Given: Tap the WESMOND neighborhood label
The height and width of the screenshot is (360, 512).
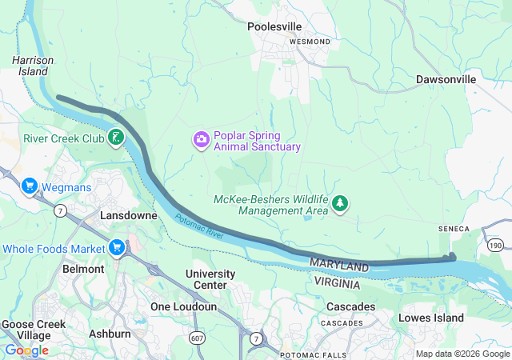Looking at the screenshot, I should [x=309, y=41].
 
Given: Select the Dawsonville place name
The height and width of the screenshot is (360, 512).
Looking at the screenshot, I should [x=446, y=80].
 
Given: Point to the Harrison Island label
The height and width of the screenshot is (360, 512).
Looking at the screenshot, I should [x=33, y=66].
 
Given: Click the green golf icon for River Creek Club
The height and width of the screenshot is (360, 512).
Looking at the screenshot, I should [x=116, y=138].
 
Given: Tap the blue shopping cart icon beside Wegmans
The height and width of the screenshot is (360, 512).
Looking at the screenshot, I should [x=30, y=187].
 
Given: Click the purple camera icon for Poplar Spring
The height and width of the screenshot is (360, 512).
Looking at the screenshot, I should [x=200, y=140].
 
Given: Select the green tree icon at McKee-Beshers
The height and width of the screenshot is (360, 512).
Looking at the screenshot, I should [x=341, y=204].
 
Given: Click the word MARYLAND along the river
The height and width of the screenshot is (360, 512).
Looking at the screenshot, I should [x=340, y=264].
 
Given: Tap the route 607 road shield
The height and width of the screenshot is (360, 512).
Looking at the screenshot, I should [x=196, y=338].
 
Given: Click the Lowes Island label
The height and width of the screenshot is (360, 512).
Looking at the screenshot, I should [x=432, y=318].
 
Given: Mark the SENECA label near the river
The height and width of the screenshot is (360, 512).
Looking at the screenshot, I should [x=453, y=229].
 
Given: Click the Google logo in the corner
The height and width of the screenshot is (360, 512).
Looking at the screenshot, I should [x=26, y=350].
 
